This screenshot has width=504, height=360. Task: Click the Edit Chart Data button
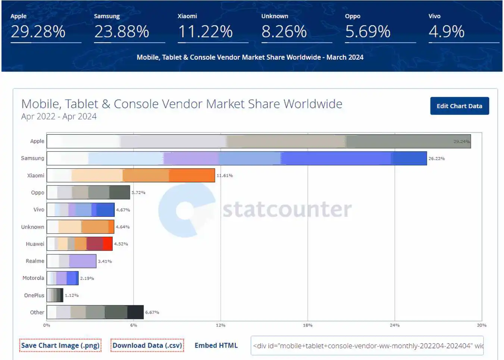[459, 106]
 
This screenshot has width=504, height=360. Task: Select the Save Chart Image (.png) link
[60, 345]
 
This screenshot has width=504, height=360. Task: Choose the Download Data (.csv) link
[147, 345]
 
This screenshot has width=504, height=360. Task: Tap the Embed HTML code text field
[367, 346]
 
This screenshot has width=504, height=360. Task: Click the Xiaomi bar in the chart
[131, 175]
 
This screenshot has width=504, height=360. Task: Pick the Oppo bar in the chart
[88, 192]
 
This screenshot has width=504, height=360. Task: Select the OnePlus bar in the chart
[55, 295]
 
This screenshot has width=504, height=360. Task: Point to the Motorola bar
[62, 278]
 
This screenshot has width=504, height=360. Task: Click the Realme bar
[71, 261]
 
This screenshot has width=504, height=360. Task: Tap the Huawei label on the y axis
[35, 244]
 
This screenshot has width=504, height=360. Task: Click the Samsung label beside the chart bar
[32, 158]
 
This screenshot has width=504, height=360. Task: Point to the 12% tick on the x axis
[220, 325]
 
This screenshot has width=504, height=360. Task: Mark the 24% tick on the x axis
[395, 325]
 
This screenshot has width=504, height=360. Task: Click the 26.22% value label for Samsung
[436, 159]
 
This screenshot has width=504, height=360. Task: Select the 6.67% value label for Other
[152, 312]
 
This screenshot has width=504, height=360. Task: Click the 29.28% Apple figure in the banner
[38, 32]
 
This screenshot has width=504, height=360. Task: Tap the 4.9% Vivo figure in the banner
[447, 32]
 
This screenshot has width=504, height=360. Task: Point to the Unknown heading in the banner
[275, 16]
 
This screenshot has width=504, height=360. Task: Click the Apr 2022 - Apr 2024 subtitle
[59, 116]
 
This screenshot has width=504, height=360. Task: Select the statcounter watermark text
[287, 209]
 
